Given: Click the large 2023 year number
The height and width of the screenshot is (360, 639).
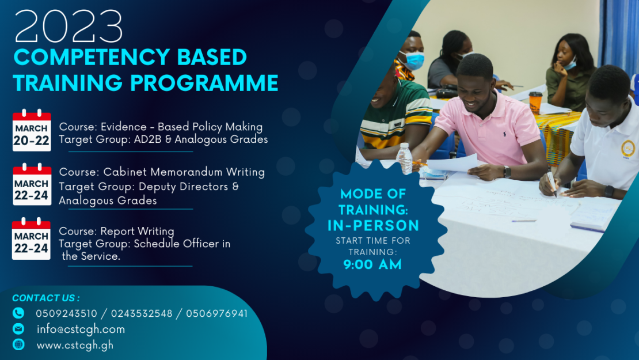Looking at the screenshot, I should pos(69,27).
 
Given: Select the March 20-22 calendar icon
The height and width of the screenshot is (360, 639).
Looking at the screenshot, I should pos(32,130).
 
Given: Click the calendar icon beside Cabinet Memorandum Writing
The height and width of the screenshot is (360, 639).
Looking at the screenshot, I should pos(32,184).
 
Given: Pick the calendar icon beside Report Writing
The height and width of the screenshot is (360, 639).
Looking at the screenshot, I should pos(32,238).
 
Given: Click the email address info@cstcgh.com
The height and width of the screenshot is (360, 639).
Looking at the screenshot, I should pos(81,329).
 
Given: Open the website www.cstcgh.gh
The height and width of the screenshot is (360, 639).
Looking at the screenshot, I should pos(75,346).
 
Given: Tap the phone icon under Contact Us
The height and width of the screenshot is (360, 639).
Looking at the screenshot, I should pos(18,313).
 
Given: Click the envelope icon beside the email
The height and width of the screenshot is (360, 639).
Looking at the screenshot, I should pos(18,329).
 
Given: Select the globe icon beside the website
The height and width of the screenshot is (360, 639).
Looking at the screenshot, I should pos(18,345).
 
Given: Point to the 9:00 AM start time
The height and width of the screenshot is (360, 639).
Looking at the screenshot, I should pos(372,265).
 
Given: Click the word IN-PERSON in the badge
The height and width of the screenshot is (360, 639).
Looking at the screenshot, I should pos(373,225).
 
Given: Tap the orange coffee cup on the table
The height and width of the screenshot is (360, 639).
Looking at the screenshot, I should pos(535,102).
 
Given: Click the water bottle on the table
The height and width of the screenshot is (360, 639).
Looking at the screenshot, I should pos(406,158).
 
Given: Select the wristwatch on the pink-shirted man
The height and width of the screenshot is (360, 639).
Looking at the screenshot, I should pos(507,172).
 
